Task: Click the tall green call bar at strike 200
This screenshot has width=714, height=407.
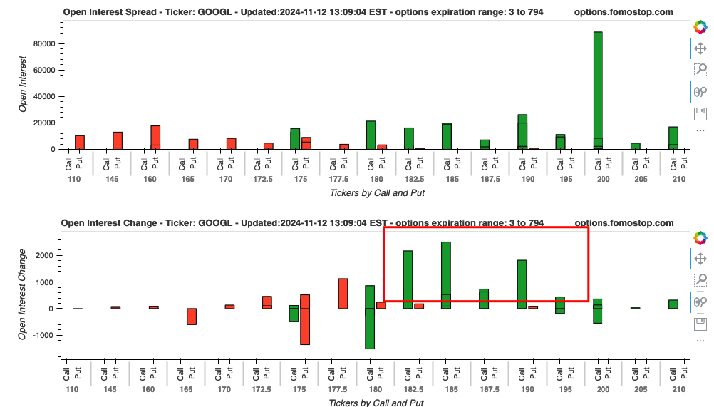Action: click(598, 90)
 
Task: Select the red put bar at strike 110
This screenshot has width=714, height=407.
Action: click(80, 142)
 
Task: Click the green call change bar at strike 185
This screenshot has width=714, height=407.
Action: click(445, 275)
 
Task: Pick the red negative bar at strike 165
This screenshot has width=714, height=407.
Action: click(191, 316)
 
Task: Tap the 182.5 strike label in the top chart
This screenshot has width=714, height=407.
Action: click(413, 179)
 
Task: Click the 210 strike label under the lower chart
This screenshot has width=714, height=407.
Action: click(678, 391)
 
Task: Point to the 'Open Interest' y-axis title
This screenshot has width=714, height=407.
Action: click(24, 84)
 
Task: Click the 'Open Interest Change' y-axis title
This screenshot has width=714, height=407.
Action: click(24, 293)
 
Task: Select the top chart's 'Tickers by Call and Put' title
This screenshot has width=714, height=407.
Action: click(377, 192)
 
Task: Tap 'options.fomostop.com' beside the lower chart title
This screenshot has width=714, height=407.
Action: click(624, 223)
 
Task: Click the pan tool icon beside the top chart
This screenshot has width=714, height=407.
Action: click(700, 48)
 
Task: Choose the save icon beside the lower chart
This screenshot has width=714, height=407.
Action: click(700, 324)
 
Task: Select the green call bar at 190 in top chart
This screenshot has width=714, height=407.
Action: click(522, 132)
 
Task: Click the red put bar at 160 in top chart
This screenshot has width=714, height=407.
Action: click(155, 137)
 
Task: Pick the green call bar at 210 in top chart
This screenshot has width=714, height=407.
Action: click(673, 138)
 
